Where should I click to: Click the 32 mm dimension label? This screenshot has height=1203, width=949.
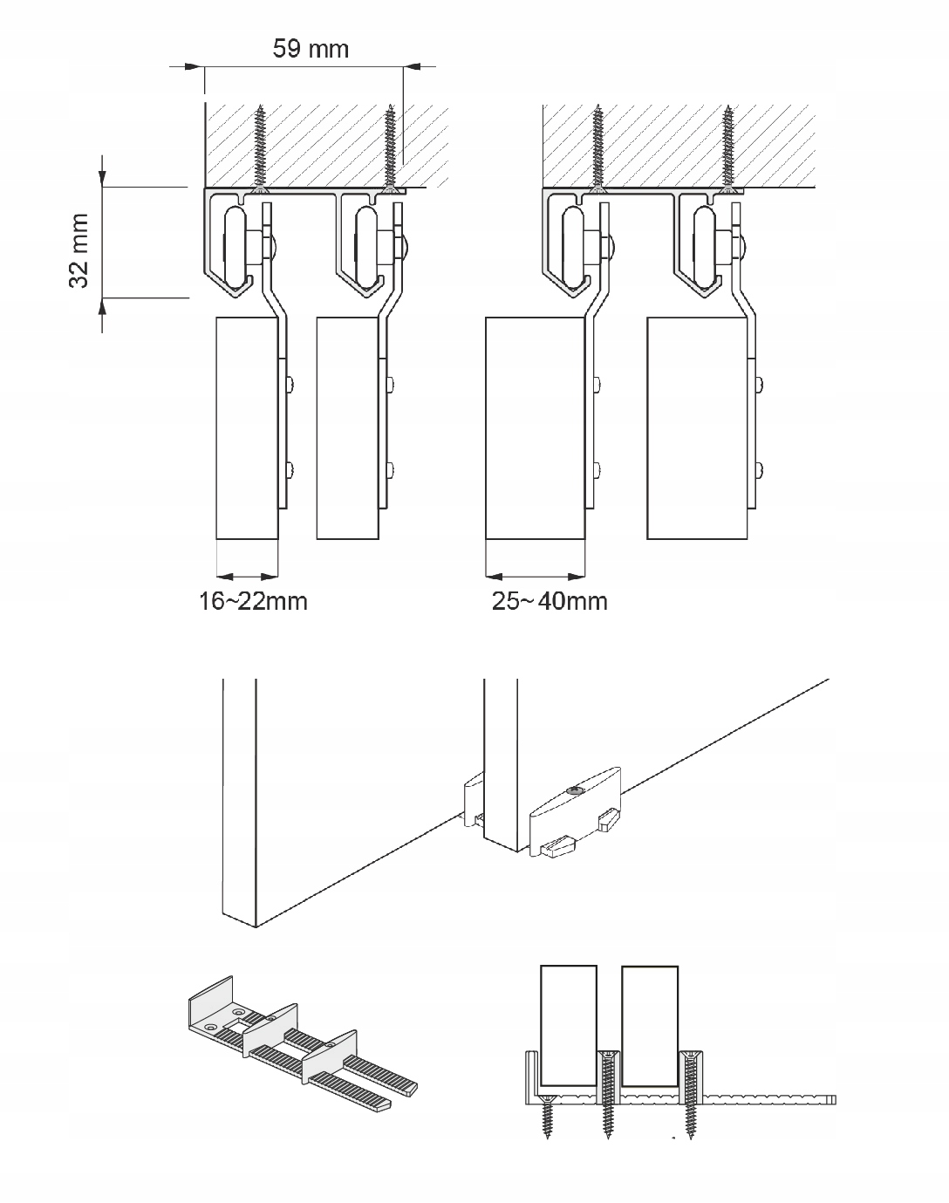[80, 251]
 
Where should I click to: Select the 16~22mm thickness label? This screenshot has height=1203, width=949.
[253, 601]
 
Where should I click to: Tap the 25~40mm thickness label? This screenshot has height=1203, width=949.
[550, 601]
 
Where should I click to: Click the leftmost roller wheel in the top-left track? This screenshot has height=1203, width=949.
[235, 245]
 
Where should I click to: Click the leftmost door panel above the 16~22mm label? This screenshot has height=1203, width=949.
[246, 427]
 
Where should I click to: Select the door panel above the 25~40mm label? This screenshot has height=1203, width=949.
[534, 427]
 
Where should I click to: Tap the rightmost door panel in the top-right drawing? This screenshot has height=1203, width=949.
[698, 427]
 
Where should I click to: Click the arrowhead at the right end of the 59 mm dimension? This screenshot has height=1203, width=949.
[411, 65]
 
